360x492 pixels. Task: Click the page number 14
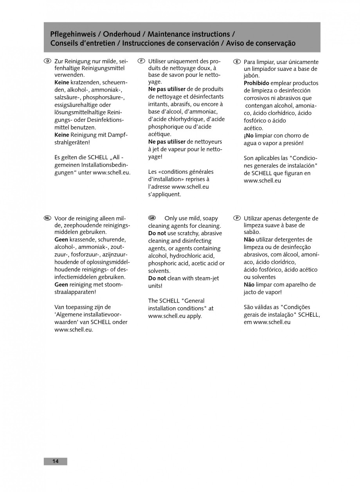[55, 461]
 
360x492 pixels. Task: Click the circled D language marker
[47, 61]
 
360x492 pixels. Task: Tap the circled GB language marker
[153, 218]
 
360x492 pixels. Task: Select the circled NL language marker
[47, 218]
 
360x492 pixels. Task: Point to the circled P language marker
[236, 218]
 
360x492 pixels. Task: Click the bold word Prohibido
[256, 83]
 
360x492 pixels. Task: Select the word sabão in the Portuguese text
[252, 232]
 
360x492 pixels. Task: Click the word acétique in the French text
[160, 134]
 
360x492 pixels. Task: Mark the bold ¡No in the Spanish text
[249, 135]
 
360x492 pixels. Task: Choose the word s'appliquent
[164, 194]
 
